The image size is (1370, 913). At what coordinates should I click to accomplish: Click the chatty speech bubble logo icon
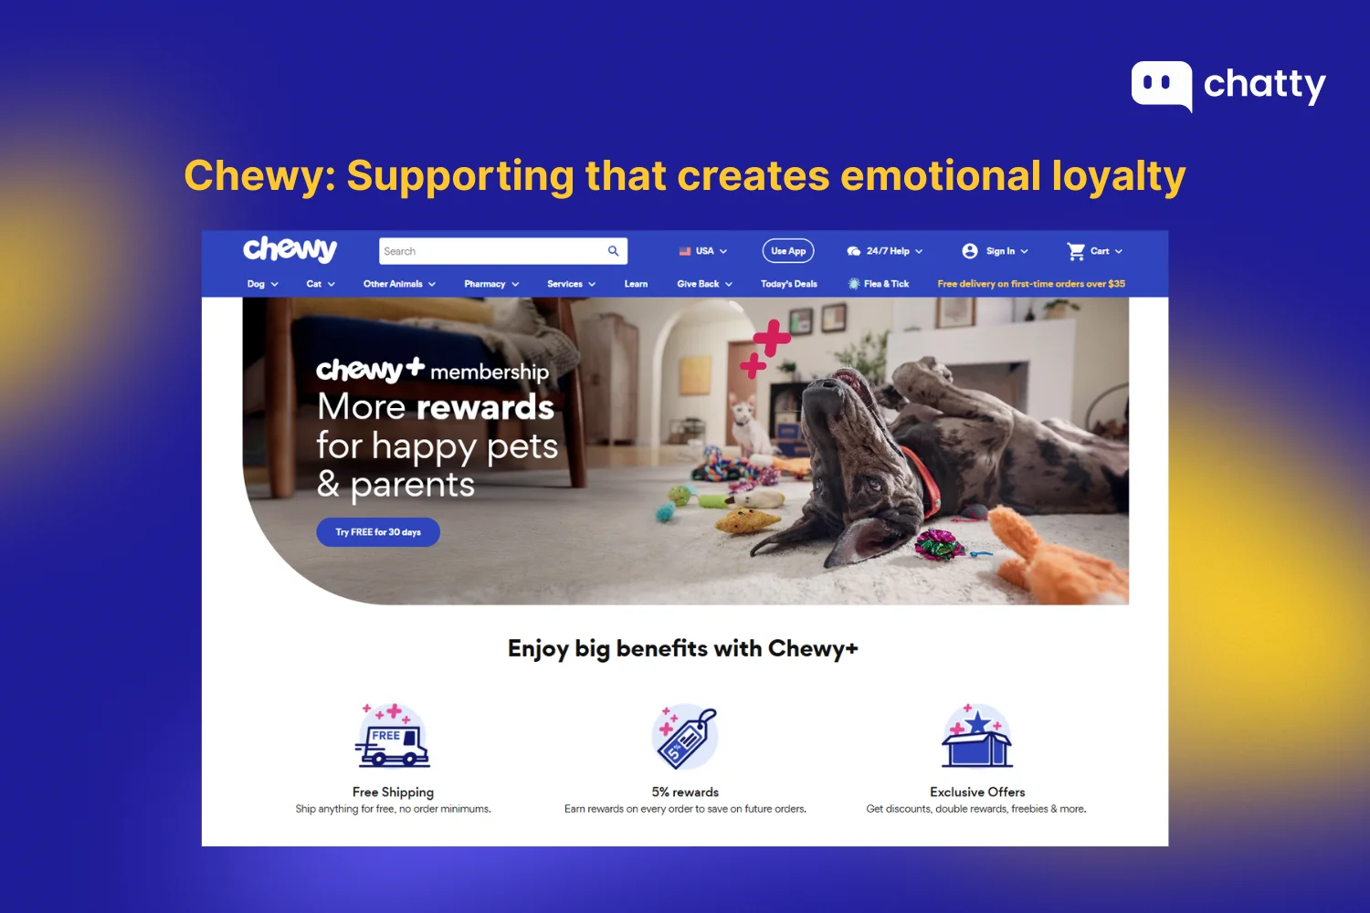coord(1161,85)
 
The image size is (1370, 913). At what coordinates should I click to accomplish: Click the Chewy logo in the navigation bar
coord(290,249)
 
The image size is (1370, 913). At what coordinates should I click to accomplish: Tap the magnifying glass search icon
coord(614,251)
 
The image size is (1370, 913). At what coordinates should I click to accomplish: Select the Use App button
coord(787,251)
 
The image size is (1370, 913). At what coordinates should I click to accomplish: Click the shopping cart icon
coord(1077,251)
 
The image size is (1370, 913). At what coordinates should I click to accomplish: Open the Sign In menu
coord(996,251)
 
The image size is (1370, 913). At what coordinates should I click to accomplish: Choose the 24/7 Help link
coord(885,251)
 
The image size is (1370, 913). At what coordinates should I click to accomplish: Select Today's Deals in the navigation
coord(788,284)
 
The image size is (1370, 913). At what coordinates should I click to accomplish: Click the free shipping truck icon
coord(393,738)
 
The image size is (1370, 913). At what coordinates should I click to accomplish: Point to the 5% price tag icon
coord(686,738)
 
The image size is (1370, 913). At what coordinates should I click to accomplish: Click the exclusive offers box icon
coord(977,738)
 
